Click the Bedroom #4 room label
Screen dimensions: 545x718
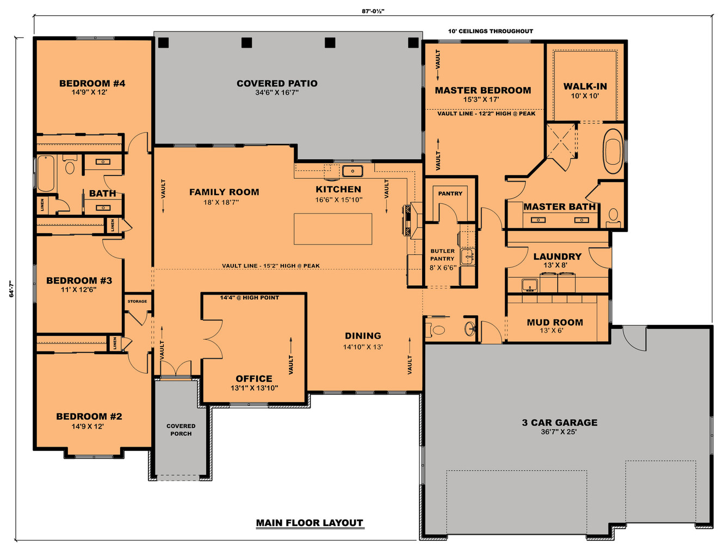click(92, 83)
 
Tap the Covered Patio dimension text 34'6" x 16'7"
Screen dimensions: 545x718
click(277, 92)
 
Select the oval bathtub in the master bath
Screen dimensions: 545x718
click(613, 151)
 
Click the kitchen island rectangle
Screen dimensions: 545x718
click(333, 229)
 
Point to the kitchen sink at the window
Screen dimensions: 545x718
click(352, 171)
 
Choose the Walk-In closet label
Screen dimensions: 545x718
click(585, 86)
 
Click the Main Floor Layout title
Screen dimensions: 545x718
click(310, 523)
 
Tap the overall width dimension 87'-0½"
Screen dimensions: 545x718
click(373, 11)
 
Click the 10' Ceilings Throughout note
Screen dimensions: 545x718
click(490, 31)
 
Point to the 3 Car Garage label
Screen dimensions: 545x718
click(559, 422)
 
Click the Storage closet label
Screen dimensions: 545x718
click(137, 301)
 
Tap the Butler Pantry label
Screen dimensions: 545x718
click(442, 255)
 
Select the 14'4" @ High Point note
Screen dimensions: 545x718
click(249, 298)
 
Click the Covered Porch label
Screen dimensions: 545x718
click(181, 430)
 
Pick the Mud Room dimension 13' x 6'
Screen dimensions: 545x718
click(552, 330)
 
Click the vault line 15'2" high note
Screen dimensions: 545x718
click(270, 266)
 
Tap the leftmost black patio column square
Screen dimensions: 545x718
click(163, 43)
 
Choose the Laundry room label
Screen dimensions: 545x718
click(557, 256)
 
